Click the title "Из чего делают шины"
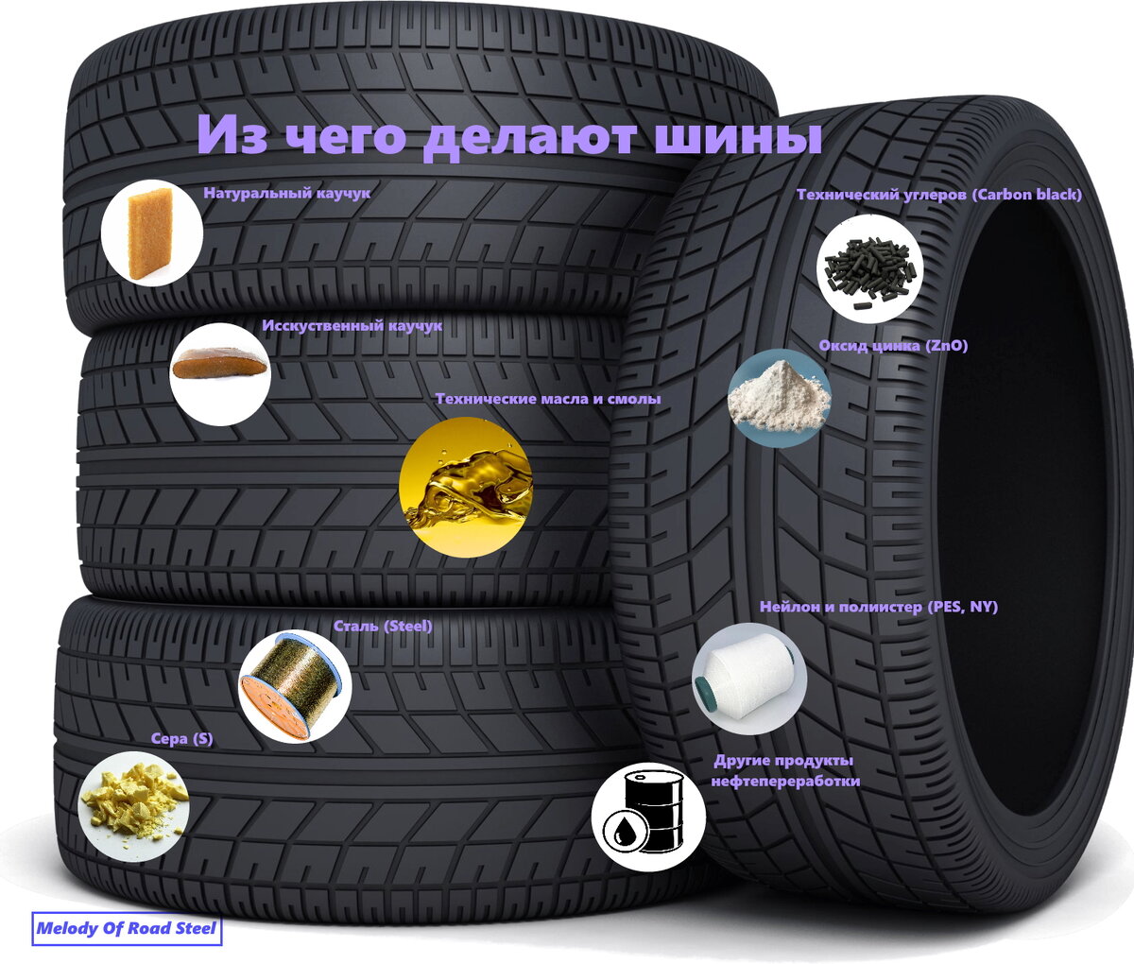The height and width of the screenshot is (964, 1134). coord(508,135)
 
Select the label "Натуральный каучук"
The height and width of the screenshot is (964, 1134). coord(286,193)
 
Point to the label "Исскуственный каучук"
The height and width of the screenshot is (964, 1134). coord(352,325)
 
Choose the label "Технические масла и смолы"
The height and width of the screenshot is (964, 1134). coord(547,399)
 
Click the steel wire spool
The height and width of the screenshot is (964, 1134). coord(295,685)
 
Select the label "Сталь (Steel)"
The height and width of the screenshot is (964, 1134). coord(382,626)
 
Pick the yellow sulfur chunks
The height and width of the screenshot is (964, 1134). coord(133,804)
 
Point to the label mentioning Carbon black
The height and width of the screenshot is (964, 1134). coord(938,195)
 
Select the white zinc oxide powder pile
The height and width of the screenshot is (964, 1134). coord(779,398)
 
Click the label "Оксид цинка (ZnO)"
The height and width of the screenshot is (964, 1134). coord(892,346)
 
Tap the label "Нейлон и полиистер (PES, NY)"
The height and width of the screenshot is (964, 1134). coord(878,607)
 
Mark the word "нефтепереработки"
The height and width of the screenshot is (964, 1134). coord(784,782)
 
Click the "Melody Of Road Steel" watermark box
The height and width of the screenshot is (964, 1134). coord(127,929)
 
